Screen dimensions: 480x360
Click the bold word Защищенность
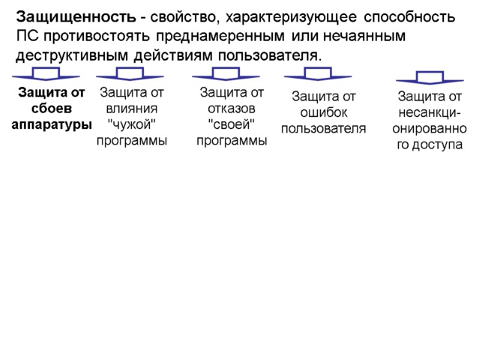click(75, 16)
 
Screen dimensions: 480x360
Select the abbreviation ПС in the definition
click(26, 36)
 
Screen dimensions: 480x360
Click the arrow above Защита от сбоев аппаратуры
click(46, 75)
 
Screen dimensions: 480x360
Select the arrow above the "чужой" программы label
click(130, 75)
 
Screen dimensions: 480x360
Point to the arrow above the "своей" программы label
click(226, 75)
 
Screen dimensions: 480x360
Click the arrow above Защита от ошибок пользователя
click(318, 75)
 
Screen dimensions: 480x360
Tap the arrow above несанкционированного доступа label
click(430, 78)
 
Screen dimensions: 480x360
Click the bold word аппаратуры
click(52, 125)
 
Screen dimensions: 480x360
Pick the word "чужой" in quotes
click(131, 125)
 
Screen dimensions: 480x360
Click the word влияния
click(132, 109)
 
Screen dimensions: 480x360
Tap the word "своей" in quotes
click(231, 125)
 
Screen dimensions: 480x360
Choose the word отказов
click(232, 109)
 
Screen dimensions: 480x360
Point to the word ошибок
click(323, 112)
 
